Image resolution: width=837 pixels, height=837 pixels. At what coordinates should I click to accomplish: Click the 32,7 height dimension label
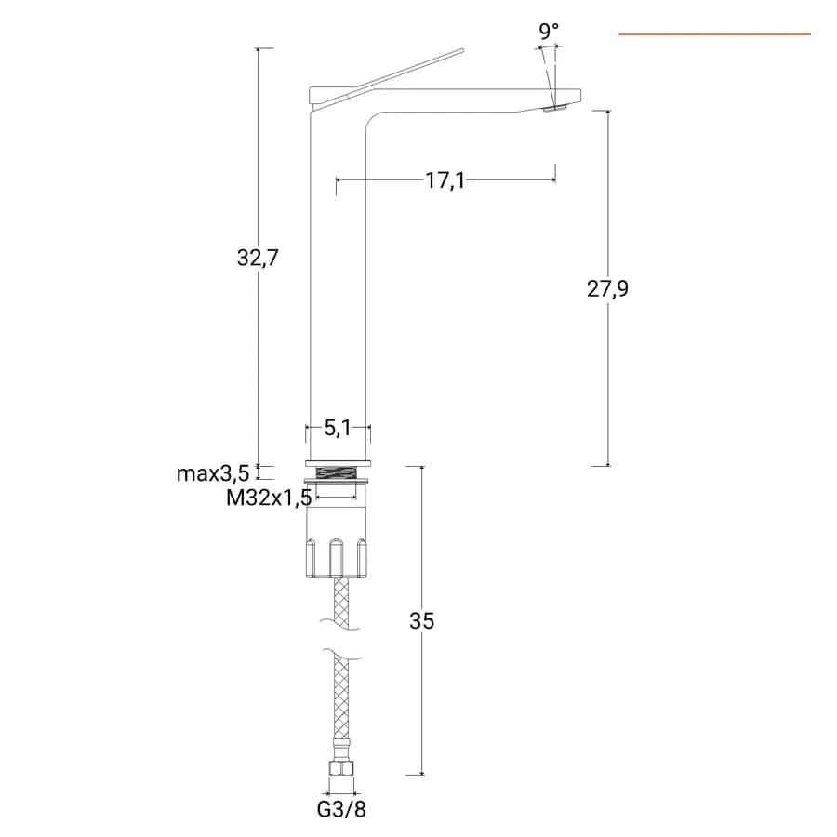258,258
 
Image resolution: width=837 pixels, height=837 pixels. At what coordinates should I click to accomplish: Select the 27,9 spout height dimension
607,289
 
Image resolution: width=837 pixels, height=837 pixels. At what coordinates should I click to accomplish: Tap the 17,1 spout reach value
445,180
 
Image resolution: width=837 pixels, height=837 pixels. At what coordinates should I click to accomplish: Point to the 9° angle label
548,32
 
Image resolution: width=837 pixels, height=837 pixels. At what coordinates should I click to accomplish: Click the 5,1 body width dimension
338,428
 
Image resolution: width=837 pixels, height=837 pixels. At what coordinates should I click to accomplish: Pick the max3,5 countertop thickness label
213,473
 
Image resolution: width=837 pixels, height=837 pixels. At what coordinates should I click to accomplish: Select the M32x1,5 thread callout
269,498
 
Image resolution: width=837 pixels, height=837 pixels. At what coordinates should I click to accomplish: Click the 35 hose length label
421,621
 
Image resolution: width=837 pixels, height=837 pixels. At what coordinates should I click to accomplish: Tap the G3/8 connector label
341,809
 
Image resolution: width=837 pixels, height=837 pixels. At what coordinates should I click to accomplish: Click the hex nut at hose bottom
341,768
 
